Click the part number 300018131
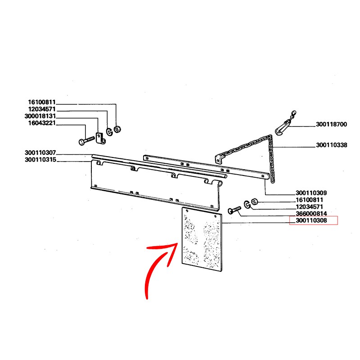40,116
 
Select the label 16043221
42,123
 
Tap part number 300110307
40,153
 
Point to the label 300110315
40,160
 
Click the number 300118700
331,125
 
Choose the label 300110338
332,145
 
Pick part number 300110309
311,193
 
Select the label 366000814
311,214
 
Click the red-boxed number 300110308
311,220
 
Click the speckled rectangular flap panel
202,239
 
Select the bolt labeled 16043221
86,140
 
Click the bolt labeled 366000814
234,210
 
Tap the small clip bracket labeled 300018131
100,138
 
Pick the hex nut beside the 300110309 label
254,202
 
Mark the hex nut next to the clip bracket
117,129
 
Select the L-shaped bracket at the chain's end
219,158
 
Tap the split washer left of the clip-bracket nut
109,132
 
